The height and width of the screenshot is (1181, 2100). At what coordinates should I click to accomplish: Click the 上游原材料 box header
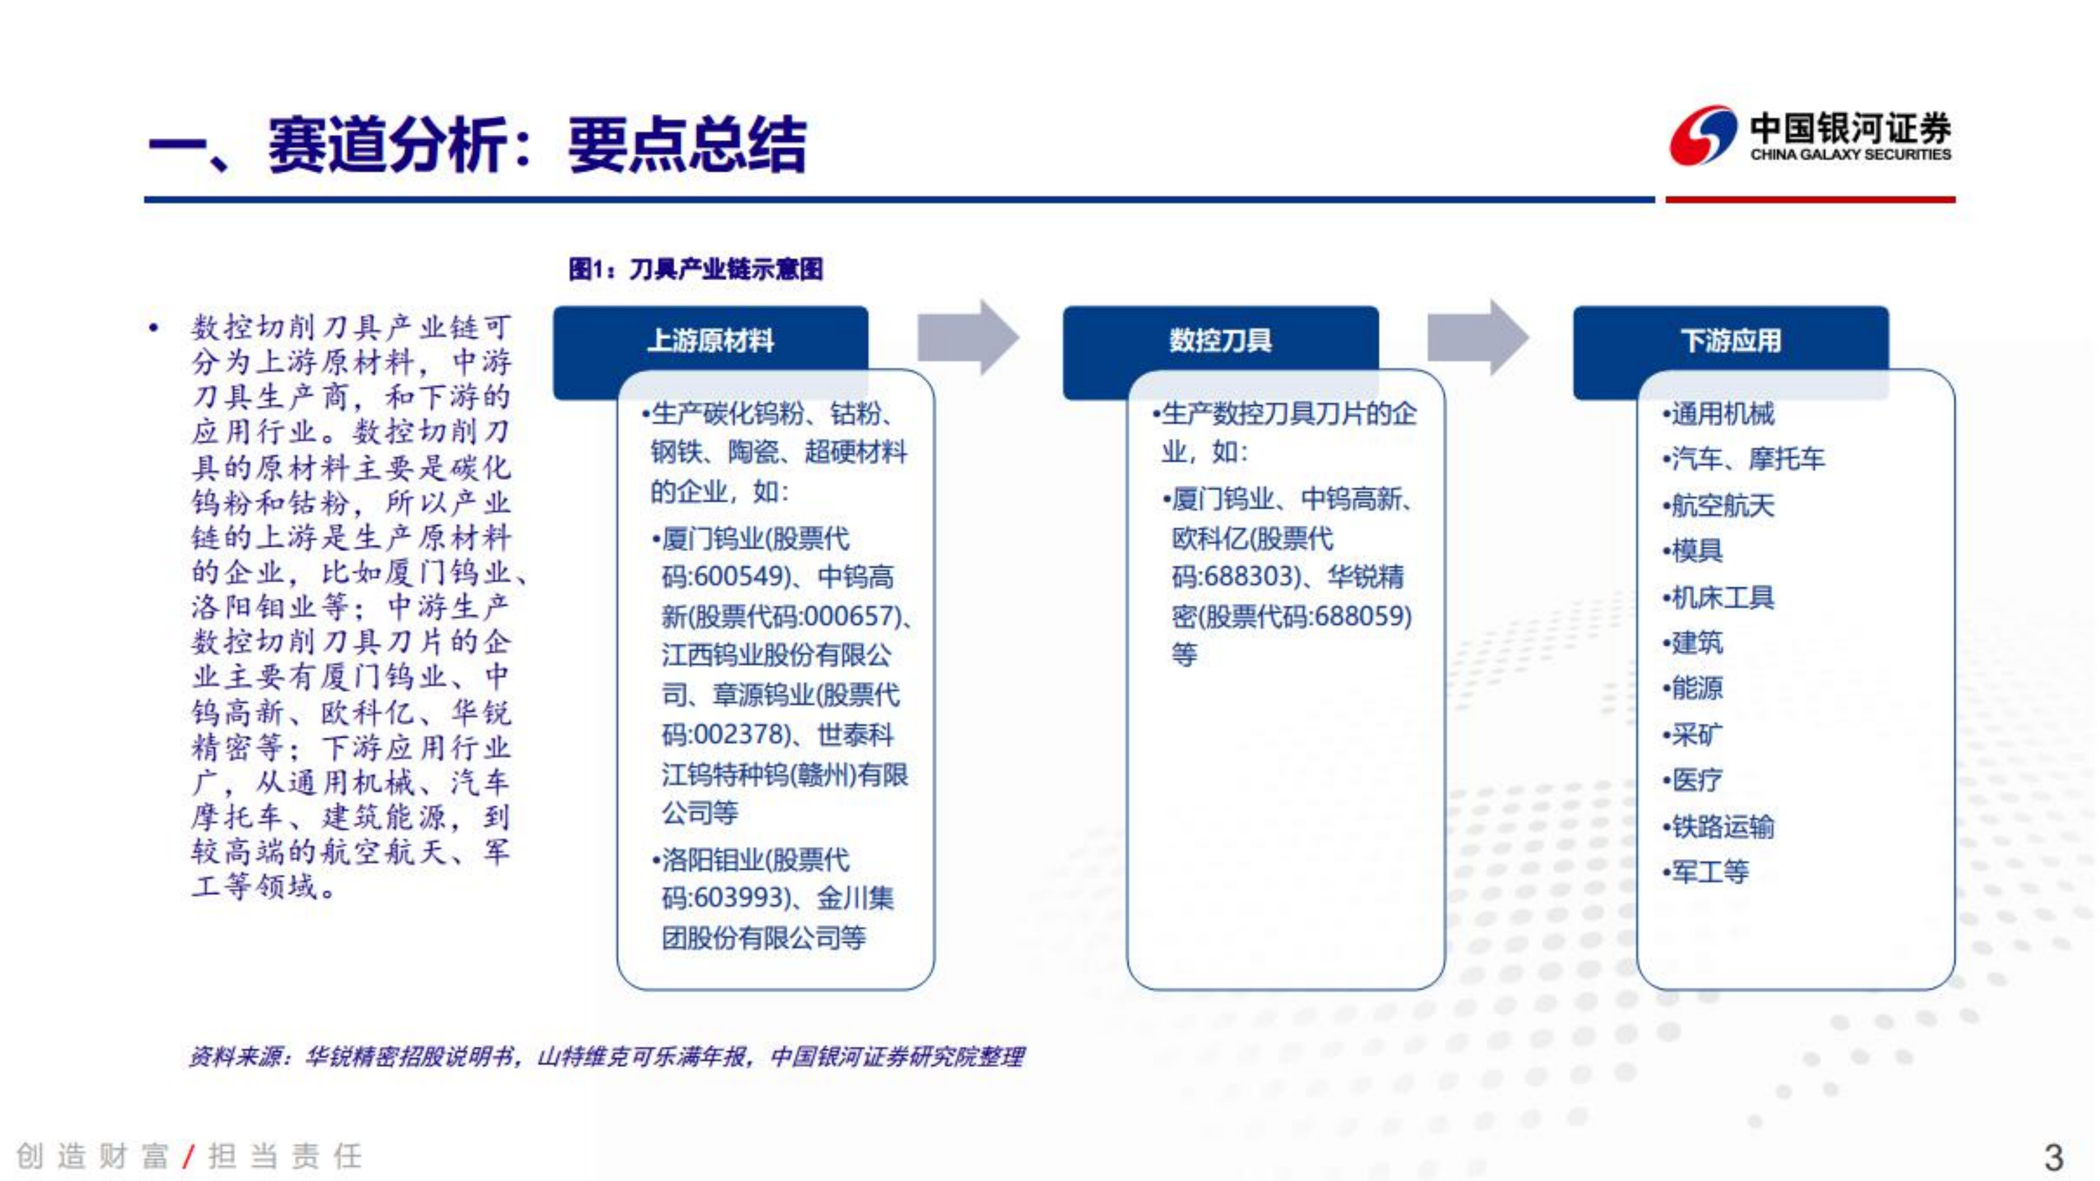(710, 340)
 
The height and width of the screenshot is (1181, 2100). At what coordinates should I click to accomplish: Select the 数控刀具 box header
(1220, 340)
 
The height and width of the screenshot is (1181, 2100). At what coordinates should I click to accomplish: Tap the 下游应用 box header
(1731, 340)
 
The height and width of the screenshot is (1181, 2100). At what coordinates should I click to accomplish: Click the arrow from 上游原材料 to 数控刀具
(968, 337)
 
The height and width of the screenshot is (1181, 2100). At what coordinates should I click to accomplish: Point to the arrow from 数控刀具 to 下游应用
(1478, 337)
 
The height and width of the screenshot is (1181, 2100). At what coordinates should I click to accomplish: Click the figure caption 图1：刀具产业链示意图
(695, 269)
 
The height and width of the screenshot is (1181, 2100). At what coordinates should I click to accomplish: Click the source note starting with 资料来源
(607, 1057)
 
